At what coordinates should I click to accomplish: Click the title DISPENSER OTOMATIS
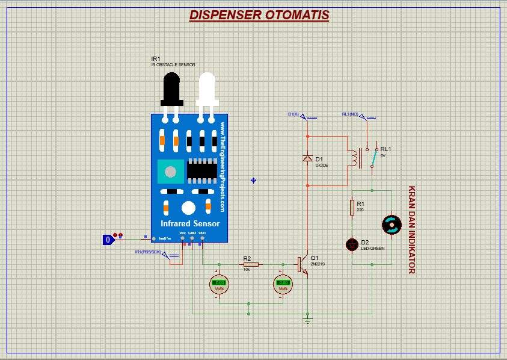pos(259,15)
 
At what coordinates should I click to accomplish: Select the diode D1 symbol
pos(307,158)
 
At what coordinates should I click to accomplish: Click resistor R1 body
pos(352,208)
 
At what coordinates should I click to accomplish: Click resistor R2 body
pos(251,264)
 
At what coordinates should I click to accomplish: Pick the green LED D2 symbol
pos(352,244)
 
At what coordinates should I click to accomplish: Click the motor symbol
pos(392,225)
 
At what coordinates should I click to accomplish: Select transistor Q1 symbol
pos(303,265)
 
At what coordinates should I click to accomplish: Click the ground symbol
pos(308,320)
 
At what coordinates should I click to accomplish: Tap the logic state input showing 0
pos(108,240)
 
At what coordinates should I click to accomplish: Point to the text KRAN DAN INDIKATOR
pos(412,229)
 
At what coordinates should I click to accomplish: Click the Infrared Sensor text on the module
pos(189,223)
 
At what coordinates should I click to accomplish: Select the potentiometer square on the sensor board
pos(170,172)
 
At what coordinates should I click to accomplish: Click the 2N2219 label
pos(318,264)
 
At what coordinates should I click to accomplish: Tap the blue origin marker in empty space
pos(253,180)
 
